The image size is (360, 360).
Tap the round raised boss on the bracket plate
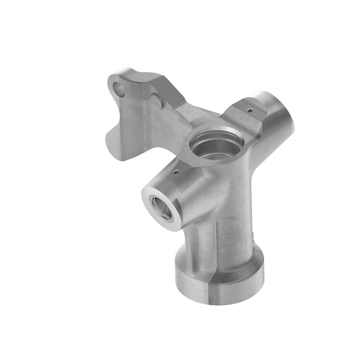point(157,101)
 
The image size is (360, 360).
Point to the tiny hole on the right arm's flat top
point(250,110)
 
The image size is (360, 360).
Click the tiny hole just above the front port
point(176,172)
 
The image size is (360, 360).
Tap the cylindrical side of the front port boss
point(183,194)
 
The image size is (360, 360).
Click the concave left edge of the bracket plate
point(111,125)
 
